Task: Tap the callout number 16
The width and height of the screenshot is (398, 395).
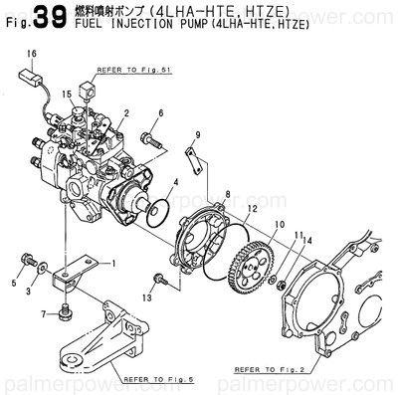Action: [x=31, y=52]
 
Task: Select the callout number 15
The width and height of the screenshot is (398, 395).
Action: [x=68, y=94]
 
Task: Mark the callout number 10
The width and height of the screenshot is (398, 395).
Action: [x=279, y=226]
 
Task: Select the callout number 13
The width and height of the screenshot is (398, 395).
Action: [x=147, y=297]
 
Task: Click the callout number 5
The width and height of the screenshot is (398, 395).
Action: [x=15, y=284]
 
